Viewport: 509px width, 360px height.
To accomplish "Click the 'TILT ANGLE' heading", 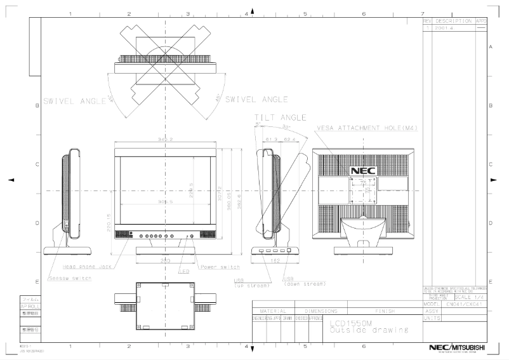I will (x=280, y=117).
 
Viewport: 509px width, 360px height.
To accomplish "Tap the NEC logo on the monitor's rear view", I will (x=363, y=171).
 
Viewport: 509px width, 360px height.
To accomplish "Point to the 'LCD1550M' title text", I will (x=350, y=323).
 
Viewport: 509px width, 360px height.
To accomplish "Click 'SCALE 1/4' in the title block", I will (x=470, y=298).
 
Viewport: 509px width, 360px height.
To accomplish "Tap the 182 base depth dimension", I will (x=274, y=261).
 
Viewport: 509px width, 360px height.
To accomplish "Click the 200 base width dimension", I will (x=164, y=261).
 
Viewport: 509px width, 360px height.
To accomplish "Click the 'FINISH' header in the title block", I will (x=385, y=312).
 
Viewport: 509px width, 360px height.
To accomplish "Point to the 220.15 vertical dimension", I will (x=109, y=219).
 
